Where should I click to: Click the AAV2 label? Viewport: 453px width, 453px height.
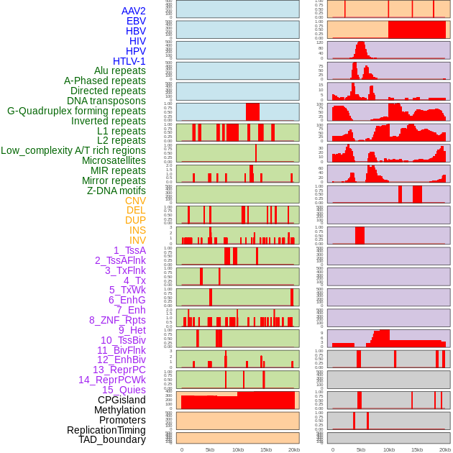[134, 11]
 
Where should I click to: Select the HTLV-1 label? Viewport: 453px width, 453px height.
[129, 61]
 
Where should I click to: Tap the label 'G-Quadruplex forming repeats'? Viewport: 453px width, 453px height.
[76, 111]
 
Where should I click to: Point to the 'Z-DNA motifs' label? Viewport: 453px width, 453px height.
[116, 191]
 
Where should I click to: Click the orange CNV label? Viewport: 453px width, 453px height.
[135, 201]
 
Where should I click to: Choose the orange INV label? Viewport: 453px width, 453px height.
[137, 240]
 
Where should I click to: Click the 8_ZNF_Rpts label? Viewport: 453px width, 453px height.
[117, 320]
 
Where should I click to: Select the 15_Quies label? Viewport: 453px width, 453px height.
[123, 390]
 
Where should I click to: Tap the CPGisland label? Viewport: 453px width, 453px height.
[122, 400]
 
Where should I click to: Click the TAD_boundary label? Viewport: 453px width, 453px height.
[112, 439]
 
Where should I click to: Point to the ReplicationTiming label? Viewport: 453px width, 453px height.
[106, 430]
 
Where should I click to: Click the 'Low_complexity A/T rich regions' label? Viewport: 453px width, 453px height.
[73, 150]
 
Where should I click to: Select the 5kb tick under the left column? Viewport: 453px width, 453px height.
[210, 449]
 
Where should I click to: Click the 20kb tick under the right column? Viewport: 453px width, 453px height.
[445, 449]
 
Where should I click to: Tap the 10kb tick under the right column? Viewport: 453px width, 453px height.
[389, 449]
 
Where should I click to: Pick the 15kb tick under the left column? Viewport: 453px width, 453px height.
[266, 449]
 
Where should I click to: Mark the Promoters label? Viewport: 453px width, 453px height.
[122, 420]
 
